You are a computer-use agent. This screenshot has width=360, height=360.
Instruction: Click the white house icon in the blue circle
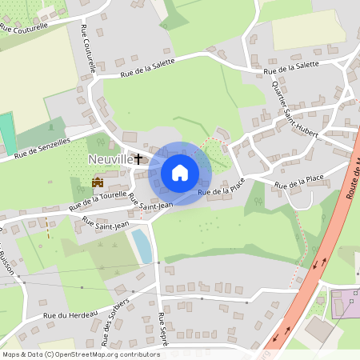click(x=179, y=173)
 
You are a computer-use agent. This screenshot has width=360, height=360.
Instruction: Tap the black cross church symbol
click(x=138, y=159)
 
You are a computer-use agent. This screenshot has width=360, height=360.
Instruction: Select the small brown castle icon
click(x=98, y=182)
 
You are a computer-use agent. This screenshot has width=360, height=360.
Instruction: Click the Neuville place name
click(x=110, y=160)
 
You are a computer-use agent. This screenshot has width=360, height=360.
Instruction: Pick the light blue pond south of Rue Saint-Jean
click(x=142, y=245)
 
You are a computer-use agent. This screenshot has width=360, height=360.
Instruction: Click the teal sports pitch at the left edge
click(x=7, y=133)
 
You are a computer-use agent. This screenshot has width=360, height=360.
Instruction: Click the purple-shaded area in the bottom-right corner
click(x=346, y=304)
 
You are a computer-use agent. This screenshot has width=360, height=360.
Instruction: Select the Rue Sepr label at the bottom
click(x=162, y=335)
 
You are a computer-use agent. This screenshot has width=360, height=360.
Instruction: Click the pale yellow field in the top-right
click(x=308, y=29)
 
